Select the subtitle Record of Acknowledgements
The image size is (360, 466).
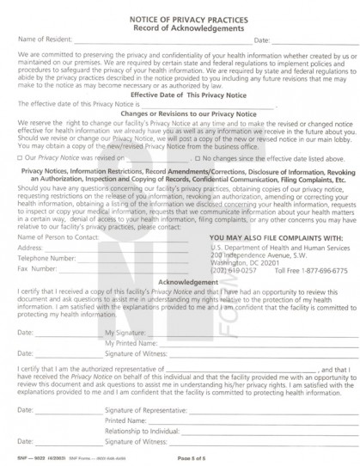(179, 24)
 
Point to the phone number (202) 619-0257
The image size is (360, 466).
(228, 267)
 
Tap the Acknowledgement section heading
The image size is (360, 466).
(179, 281)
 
